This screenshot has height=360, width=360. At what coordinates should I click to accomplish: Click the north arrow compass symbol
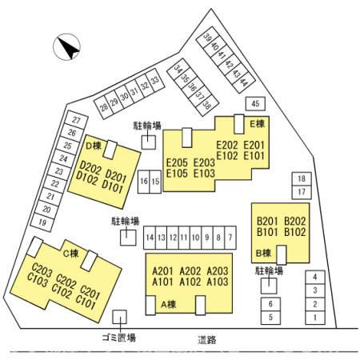coord(66,47)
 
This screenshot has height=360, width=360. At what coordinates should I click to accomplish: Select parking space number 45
coord(255,103)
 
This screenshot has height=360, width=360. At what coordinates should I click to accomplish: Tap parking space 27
coord(77,120)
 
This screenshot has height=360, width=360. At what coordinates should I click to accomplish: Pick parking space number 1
coord(315,318)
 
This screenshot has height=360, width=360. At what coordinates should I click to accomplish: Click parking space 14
coord(150,238)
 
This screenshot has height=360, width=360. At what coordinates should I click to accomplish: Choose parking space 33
coord(155,79)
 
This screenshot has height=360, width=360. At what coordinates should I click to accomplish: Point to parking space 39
coord(207,37)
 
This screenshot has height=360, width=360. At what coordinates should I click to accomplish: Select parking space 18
coord(302,178)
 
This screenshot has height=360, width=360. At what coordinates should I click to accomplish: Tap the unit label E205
coord(177,162)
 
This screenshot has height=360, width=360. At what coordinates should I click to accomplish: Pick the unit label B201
coord(267,221)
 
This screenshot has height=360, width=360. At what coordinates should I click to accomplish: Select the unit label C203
coord(42,270)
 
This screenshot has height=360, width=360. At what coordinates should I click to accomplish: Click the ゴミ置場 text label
coord(119,338)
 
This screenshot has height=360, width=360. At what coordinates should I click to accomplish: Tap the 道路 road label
coord(207,340)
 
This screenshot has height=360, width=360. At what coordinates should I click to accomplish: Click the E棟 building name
coord(258,123)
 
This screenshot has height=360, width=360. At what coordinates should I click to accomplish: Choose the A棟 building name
coord(169,305)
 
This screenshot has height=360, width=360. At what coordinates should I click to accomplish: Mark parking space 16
coord(144,182)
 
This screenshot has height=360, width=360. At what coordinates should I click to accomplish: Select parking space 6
coord(270,304)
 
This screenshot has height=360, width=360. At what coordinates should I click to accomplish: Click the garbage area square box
coord(119,317)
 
